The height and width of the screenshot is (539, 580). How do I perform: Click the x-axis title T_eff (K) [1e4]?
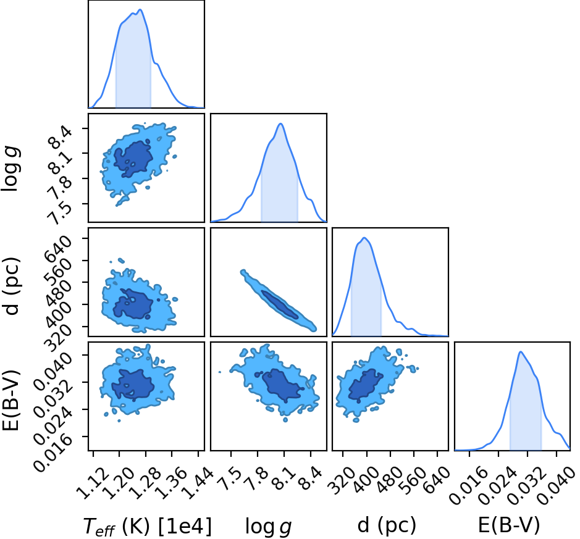pos(148,527)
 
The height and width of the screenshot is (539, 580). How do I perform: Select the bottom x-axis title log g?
pos(269,527)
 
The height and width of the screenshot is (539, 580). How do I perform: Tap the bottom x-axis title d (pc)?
pos(387,525)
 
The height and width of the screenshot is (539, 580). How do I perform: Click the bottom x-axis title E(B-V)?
pos(509,525)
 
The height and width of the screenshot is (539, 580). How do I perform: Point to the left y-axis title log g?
pos(11,168)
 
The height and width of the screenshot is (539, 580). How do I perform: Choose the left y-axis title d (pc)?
pos(11,285)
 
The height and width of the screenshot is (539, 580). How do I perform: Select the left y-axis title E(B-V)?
pos(11,400)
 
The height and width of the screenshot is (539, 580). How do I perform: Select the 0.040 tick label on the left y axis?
pos(53,370)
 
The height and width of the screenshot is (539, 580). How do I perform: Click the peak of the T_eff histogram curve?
pos(140,10)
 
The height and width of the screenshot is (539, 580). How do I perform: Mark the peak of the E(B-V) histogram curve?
pos(521,351)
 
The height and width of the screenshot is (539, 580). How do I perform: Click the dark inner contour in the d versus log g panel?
pos(280,304)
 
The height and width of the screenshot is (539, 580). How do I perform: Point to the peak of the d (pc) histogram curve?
pos(364,238)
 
